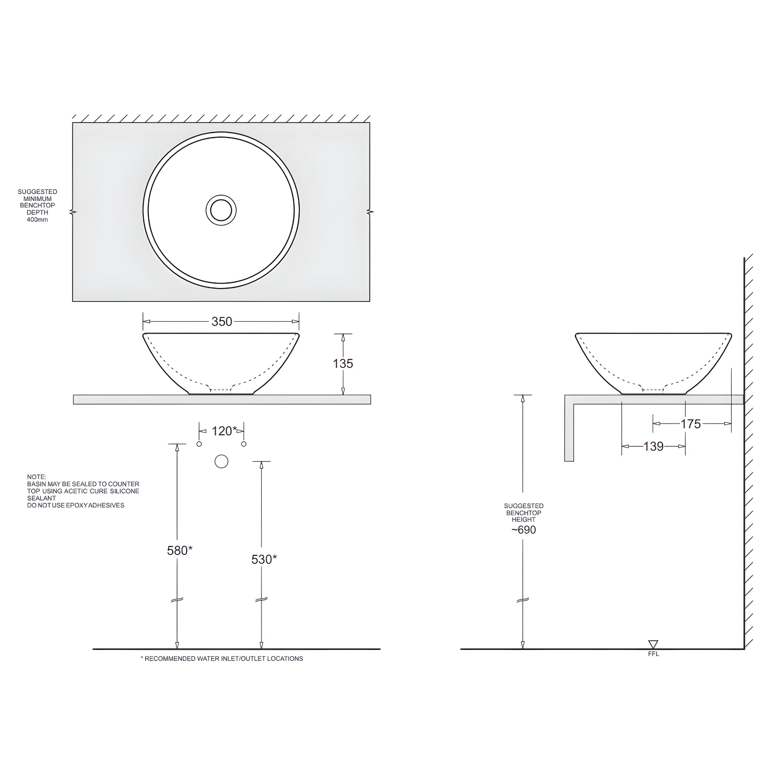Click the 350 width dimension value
221,322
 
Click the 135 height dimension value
343,363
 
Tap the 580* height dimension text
179,550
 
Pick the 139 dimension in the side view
654,447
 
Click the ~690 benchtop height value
523,530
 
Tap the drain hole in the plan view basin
221,210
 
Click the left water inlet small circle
199,444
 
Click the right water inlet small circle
243,444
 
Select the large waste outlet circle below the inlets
221,461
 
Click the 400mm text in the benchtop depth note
37,220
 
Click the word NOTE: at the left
36,477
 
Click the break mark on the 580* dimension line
177,600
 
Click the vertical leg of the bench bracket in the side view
569,431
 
